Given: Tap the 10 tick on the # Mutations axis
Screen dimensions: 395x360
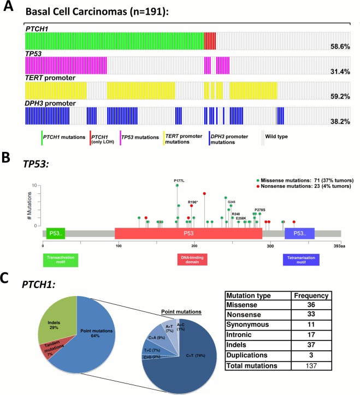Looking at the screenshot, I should [x=34, y=186].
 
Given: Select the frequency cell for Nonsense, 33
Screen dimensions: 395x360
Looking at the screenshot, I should [x=309, y=315].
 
